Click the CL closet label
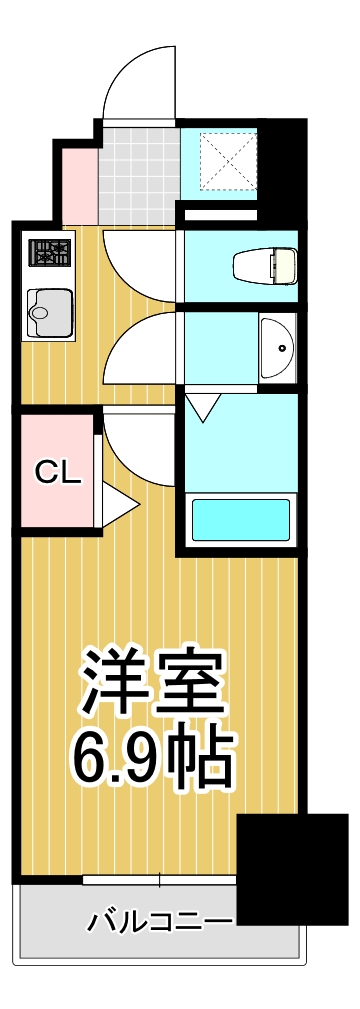coord(58,472)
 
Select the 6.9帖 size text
coord(151,757)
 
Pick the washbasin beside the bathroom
coord(277,347)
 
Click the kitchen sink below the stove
coord(49,312)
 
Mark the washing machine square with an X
coord(230,159)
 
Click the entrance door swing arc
coord(138,80)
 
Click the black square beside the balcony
coord(291,869)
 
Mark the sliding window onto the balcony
coord(159,881)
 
